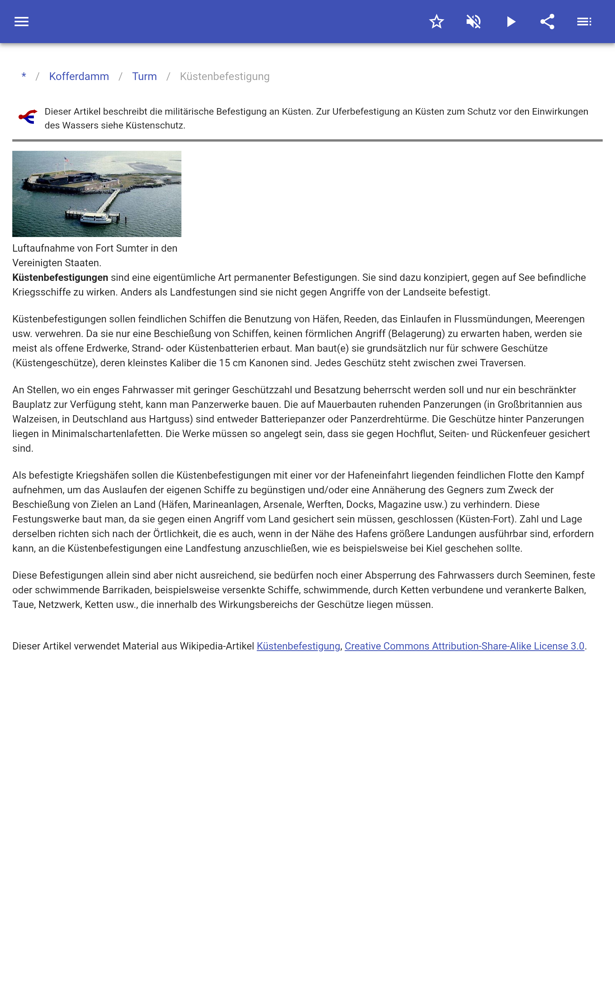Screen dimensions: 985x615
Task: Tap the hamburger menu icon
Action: tap(22, 22)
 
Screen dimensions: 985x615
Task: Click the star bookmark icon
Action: tap(436, 22)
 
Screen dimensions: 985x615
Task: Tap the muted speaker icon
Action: tap(474, 22)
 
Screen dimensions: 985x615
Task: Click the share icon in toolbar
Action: tap(547, 22)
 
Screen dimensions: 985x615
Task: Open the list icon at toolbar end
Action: tap(584, 22)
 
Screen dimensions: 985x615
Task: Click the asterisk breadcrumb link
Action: tap(24, 77)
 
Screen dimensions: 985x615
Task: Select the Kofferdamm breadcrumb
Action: tap(79, 77)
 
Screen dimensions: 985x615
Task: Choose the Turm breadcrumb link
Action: tap(145, 77)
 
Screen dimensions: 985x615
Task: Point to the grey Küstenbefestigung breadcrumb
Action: tap(224, 77)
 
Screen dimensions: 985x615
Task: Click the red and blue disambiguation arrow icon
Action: tap(28, 117)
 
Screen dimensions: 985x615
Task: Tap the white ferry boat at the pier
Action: tap(96, 219)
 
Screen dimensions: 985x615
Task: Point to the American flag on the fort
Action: tap(67, 160)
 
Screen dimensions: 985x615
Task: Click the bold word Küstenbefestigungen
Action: tap(60, 277)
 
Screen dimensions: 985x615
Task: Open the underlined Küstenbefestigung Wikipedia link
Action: tap(298, 646)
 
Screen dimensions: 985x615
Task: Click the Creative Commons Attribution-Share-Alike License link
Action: tap(464, 646)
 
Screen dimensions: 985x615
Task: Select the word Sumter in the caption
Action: tap(132, 248)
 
